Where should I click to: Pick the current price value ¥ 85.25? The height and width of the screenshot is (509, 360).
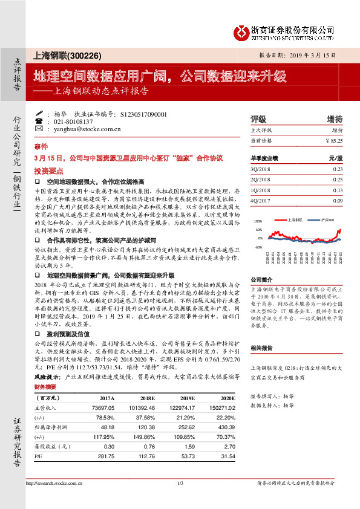333,140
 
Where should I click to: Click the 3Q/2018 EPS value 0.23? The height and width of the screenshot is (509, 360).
338,169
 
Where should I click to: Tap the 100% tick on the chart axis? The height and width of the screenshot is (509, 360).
258,222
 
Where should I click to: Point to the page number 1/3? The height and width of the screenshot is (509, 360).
180,484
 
